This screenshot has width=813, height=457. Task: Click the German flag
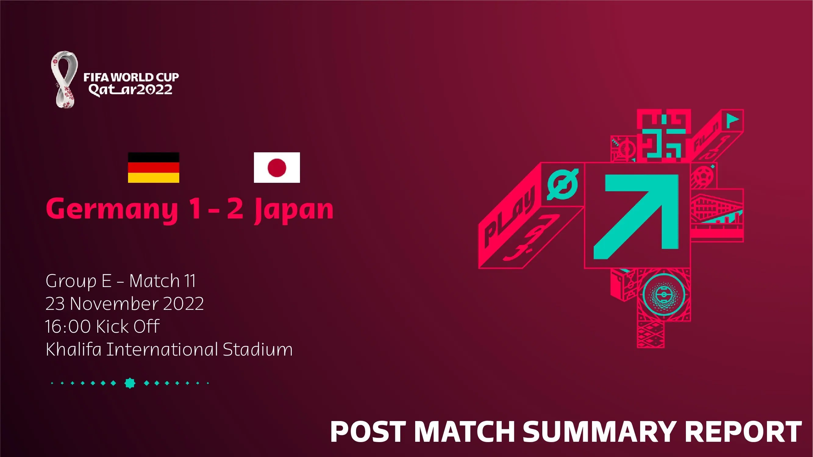click(153, 168)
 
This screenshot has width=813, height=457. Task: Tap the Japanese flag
click(277, 168)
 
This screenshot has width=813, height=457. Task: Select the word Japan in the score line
click(294, 210)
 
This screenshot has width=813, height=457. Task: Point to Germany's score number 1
click(195, 208)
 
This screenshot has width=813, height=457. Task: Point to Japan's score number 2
click(235, 208)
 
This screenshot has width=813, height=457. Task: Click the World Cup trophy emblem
click(64, 80)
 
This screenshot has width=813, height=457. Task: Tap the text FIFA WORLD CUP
click(131, 77)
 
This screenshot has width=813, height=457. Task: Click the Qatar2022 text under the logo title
click(130, 90)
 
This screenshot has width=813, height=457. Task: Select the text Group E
click(78, 281)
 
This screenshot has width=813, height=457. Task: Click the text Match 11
click(162, 281)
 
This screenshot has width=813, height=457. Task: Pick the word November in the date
click(114, 303)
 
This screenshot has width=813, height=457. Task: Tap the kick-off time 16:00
click(68, 326)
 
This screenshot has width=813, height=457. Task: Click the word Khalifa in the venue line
click(73, 349)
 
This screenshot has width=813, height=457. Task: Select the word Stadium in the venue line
click(258, 349)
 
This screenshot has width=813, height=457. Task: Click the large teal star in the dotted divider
click(130, 383)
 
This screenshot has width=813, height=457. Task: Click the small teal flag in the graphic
click(732, 120)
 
